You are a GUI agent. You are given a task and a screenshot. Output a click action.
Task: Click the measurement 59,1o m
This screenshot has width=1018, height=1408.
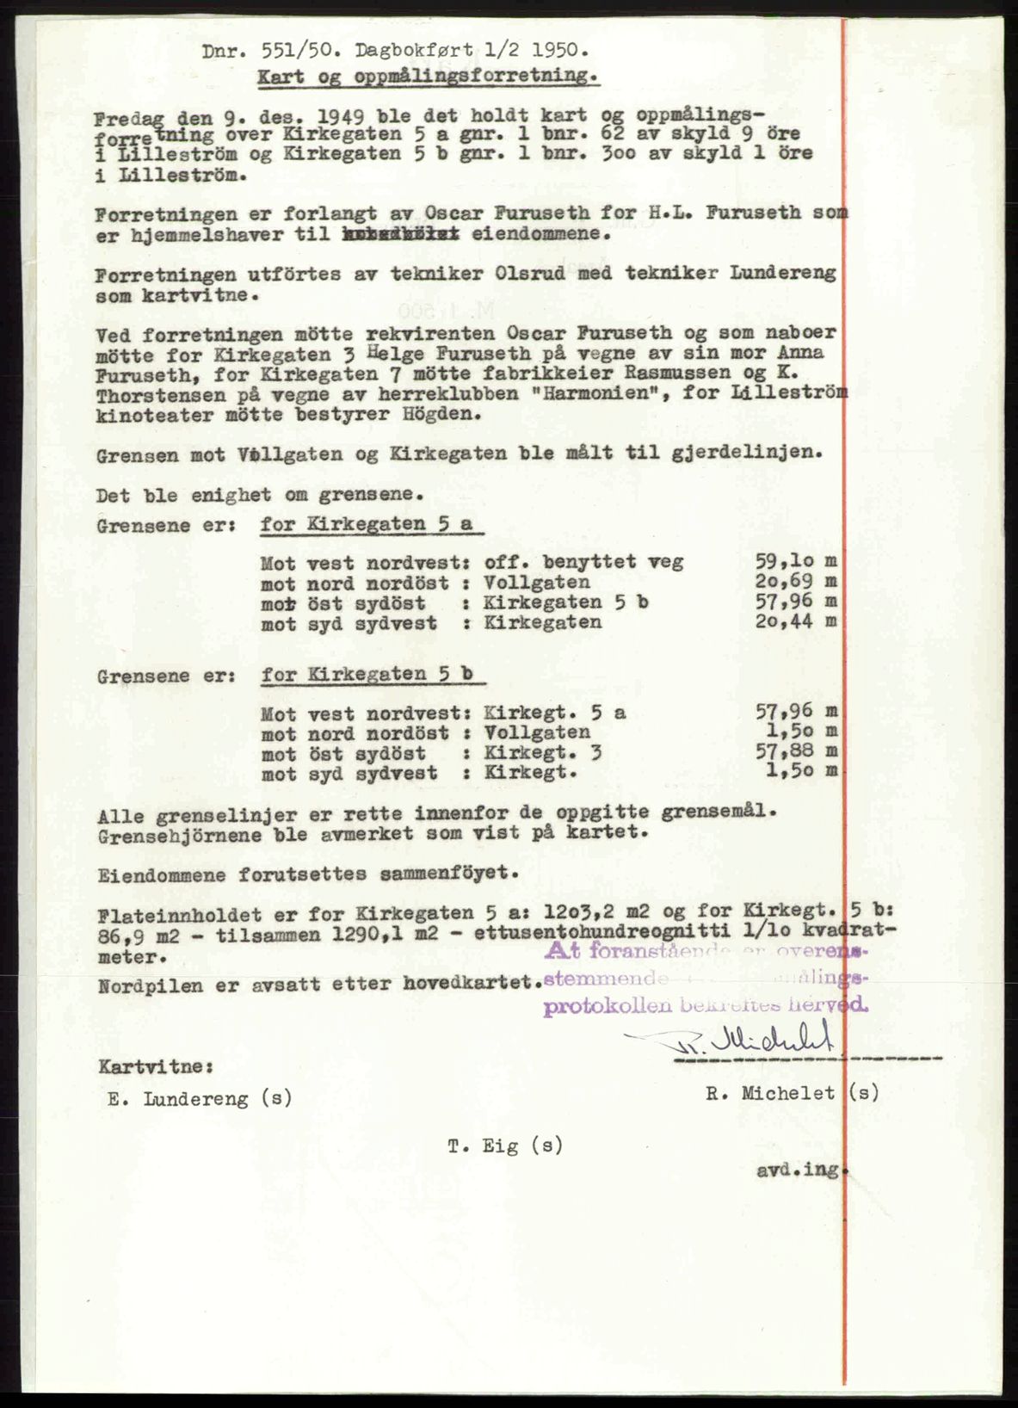tap(792, 562)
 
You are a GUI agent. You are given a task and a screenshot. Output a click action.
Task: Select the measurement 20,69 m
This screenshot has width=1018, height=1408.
tap(792, 583)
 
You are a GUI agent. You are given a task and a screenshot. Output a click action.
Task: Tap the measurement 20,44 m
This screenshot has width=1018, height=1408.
tap(792, 621)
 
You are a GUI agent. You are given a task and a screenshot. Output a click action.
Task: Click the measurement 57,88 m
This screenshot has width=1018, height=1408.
tap(792, 753)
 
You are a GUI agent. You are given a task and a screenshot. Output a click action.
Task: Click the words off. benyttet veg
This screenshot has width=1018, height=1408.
tap(584, 562)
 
